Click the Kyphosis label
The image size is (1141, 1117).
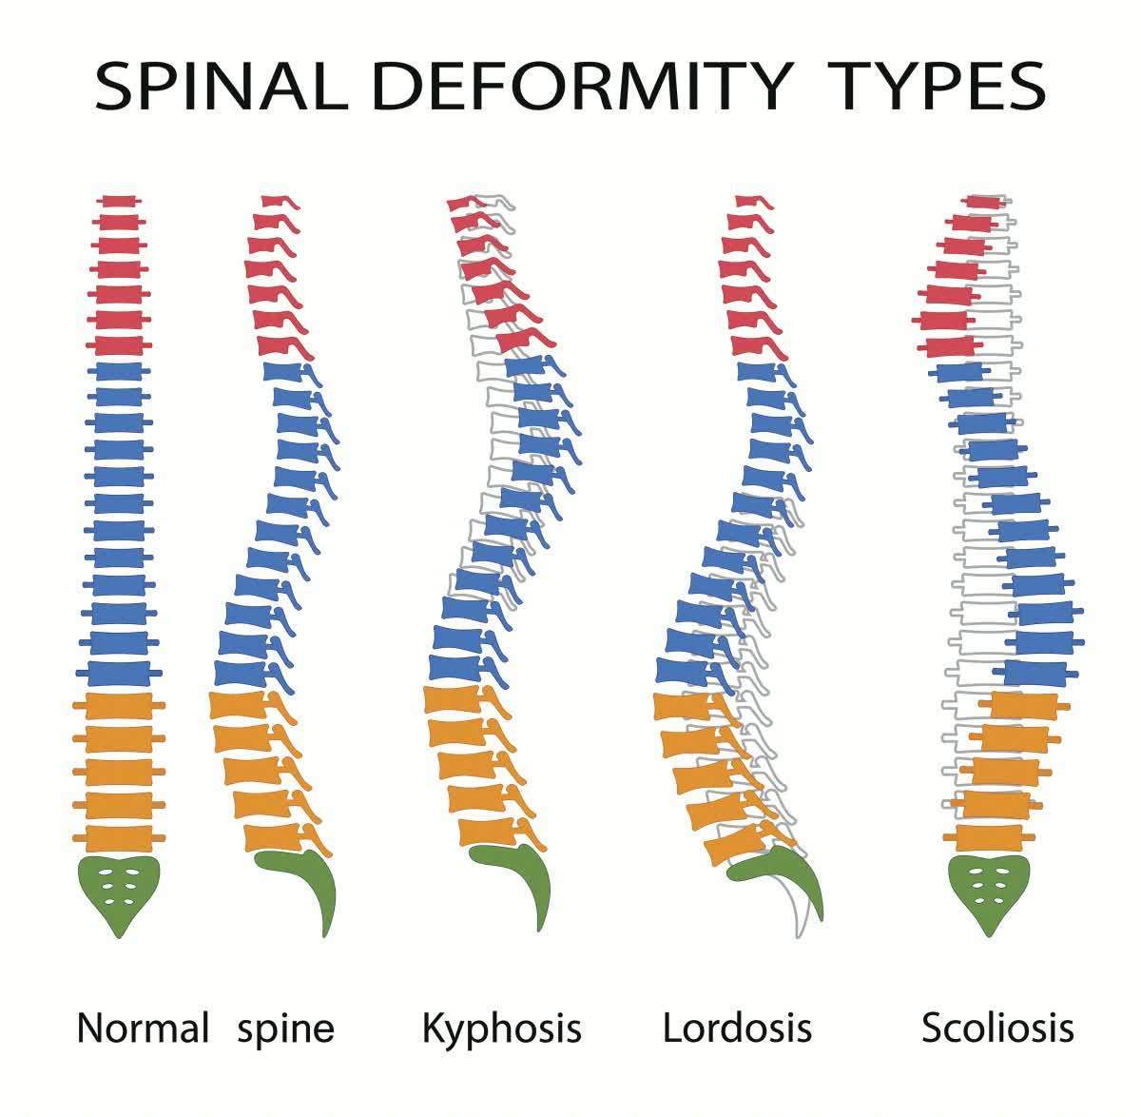tap(501, 1029)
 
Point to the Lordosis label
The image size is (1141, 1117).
tap(737, 1029)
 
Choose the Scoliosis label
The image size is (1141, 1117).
tap(997, 1029)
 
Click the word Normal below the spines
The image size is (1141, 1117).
tap(143, 1029)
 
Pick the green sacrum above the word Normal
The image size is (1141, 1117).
tap(119, 890)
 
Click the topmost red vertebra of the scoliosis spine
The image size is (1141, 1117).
tap(981, 203)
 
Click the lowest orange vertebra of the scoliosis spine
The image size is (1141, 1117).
tap(995, 838)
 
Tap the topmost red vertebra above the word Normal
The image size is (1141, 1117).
tap(120, 202)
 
